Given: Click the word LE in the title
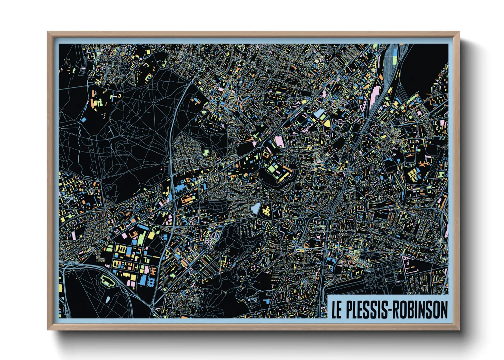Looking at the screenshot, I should tap(336, 310).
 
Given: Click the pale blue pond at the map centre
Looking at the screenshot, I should tap(255, 208).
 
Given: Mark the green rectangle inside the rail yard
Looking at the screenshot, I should tap(395, 60).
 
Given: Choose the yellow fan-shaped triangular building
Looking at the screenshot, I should tap(327, 123).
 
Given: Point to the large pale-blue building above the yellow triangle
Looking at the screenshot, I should tap(319, 113).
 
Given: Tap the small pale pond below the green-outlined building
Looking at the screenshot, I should tap(108, 300).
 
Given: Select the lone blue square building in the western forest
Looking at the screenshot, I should tap(84, 120).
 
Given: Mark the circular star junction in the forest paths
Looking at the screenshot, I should tap(154, 103).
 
